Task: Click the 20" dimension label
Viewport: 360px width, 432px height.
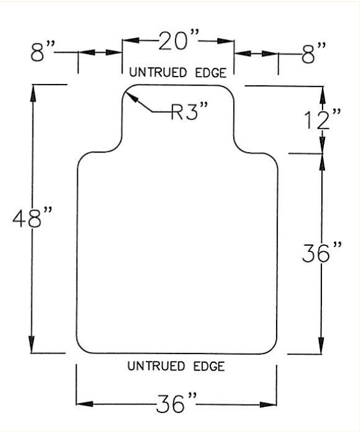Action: coord(178,41)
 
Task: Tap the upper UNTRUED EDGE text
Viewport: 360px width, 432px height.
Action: coord(178,72)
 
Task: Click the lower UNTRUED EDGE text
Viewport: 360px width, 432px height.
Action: coord(176,366)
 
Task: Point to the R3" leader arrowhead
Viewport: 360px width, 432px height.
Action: coord(131,96)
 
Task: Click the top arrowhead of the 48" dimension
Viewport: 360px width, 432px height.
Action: coord(33,93)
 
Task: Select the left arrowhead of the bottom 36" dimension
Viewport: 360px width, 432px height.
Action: coord(85,404)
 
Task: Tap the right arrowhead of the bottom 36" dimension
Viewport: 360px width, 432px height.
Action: coord(268,404)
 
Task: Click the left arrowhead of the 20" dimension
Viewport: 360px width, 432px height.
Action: coord(131,40)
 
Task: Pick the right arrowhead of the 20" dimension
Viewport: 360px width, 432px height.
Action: coord(226,41)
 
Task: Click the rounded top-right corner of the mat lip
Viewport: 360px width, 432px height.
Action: coord(229,90)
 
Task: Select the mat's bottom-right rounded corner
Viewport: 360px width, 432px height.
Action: coord(272,349)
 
